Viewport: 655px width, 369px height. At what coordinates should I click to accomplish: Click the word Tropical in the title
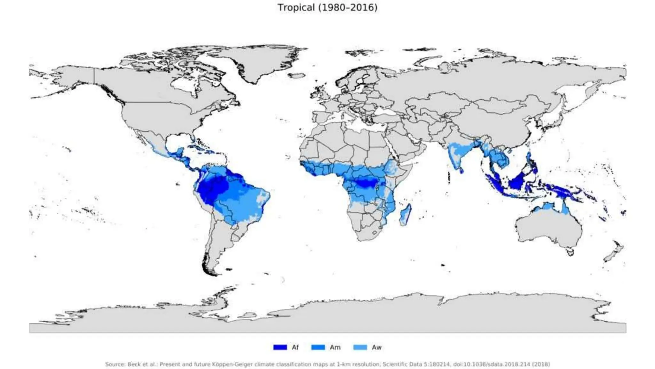tap(296, 7)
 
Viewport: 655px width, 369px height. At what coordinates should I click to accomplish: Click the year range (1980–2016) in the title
tap(348, 7)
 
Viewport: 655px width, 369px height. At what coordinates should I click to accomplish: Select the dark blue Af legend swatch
tap(280, 347)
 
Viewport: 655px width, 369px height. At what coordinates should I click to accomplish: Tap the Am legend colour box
tap(318, 347)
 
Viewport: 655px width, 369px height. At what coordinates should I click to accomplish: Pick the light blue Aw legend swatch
tap(360, 347)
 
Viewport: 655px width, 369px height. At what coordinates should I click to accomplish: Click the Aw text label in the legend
tap(376, 347)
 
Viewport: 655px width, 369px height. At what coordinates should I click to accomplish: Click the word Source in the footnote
tap(114, 364)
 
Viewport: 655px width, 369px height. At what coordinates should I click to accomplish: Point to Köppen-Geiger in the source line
tap(232, 364)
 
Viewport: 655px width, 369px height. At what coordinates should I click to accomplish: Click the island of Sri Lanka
tap(461, 170)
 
